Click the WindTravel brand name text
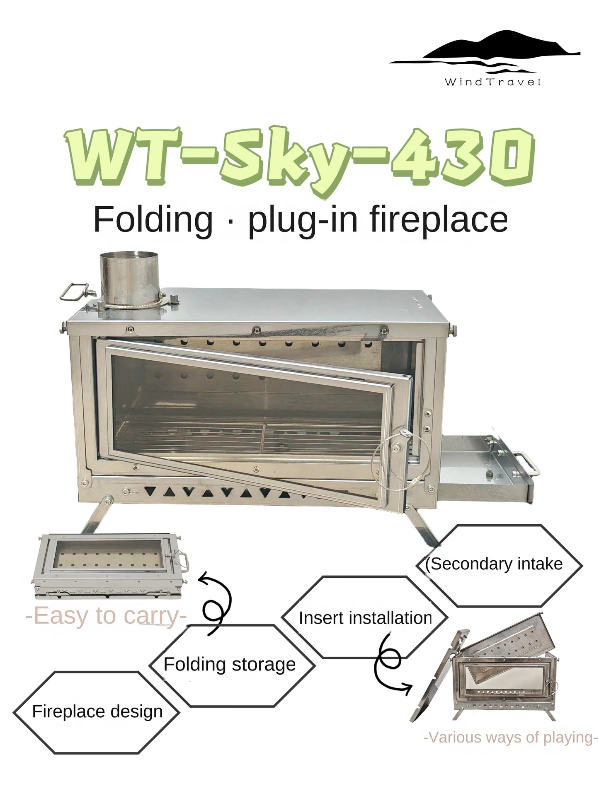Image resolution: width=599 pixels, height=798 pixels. click(492, 82)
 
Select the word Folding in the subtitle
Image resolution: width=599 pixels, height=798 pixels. click(153, 219)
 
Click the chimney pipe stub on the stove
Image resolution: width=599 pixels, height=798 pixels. click(129, 277)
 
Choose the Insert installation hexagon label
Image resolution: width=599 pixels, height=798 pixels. click(365, 618)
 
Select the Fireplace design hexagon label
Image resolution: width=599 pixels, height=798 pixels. click(97, 712)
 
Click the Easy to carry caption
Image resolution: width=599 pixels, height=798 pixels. click(106, 616)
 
